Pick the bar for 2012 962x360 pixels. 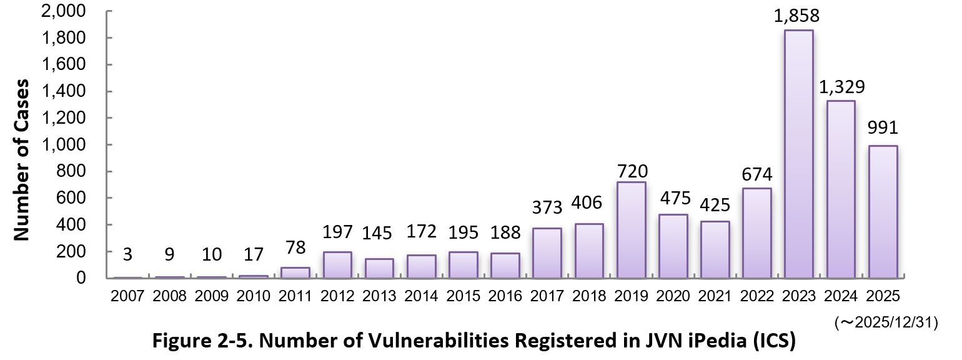click(x=338, y=264)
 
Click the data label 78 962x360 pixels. click(x=295, y=247)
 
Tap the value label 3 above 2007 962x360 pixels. click(x=128, y=256)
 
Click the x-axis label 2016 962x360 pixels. click(x=505, y=296)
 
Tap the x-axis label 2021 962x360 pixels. click(x=715, y=296)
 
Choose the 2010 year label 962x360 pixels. click(x=253, y=296)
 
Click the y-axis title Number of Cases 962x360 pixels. click(x=22, y=159)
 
